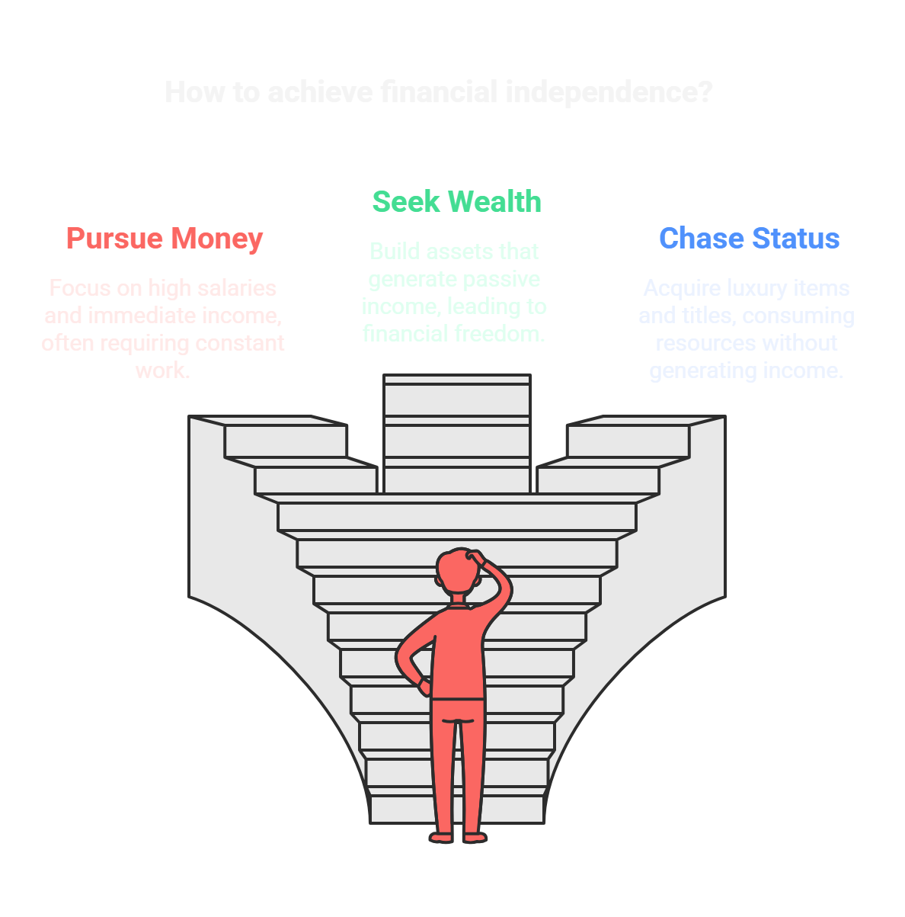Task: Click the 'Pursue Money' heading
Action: [164, 239]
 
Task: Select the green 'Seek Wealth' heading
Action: [456, 202]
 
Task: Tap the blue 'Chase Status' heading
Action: [749, 239]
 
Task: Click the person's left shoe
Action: [442, 837]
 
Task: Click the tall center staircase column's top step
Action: [456, 379]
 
